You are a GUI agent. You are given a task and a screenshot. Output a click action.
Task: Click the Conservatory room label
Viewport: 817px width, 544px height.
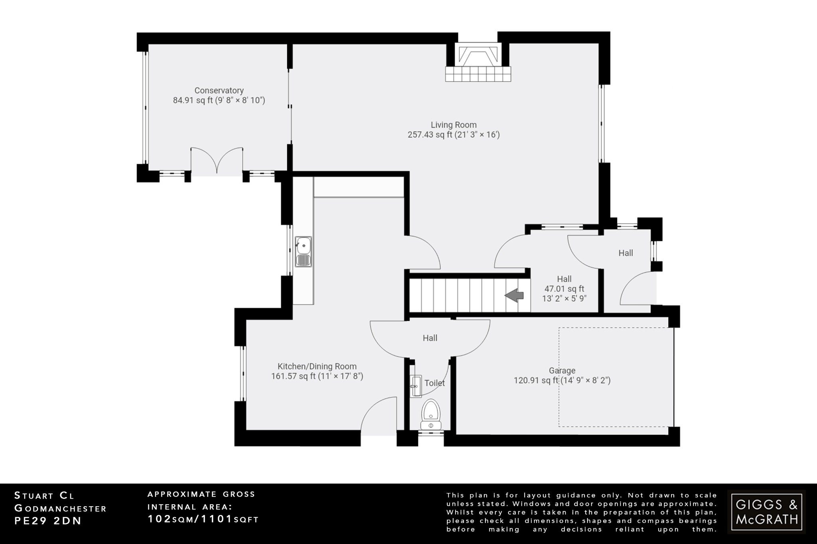[219, 91]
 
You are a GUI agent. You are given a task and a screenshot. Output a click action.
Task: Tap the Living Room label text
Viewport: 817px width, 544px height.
[454, 125]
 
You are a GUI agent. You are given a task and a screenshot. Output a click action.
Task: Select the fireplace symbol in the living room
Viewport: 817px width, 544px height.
[478, 64]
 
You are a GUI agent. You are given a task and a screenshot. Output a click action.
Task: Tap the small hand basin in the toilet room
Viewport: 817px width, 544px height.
[415, 386]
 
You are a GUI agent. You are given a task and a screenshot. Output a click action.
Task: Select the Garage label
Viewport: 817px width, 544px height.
[562, 371]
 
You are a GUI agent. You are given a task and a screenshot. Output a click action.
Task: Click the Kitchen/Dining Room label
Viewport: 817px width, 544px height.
[317, 367]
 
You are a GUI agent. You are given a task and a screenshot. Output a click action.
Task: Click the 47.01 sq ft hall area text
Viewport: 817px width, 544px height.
[564, 289]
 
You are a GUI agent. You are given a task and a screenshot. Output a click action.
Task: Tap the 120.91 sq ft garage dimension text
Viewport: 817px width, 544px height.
[562, 381]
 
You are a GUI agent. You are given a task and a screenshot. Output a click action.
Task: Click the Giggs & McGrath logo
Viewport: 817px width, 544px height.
[766, 512]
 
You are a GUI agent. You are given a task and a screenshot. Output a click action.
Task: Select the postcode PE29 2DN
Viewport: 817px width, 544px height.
[48, 521]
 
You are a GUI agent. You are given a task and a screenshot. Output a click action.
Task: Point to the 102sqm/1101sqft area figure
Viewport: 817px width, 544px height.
[203, 519]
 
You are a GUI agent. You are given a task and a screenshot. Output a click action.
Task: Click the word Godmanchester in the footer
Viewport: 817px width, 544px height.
[61, 509]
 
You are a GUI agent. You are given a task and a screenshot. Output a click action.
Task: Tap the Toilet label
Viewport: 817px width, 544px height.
[434, 383]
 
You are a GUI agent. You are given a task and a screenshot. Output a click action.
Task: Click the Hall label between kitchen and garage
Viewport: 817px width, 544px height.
[430, 338]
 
